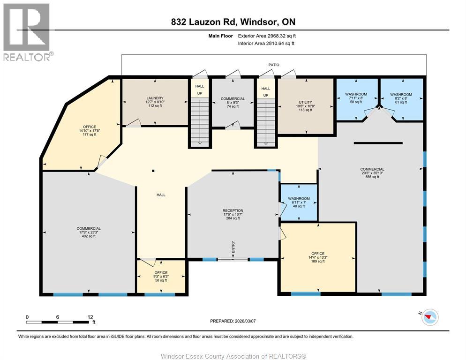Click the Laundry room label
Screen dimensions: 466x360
click(x=155, y=102)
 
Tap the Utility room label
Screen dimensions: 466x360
click(x=306, y=106)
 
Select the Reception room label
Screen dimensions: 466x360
click(x=233, y=214)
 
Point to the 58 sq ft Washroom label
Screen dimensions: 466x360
click(x=356, y=98)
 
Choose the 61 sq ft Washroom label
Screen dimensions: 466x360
click(x=401, y=98)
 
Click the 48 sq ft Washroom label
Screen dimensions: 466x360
click(x=299, y=202)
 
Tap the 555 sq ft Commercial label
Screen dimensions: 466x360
click(x=372, y=172)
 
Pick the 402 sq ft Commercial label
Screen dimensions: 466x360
click(x=89, y=232)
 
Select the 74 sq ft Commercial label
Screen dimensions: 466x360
click(x=233, y=102)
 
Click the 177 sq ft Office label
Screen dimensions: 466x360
click(x=90, y=130)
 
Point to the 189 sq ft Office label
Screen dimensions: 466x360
click(x=318, y=257)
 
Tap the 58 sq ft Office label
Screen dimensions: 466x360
click(x=161, y=276)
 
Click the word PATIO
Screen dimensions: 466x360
click(x=274, y=65)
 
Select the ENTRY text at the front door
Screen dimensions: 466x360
click(x=233, y=247)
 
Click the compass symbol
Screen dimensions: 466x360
click(x=429, y=317)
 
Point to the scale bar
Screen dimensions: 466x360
click(x=57, y=322)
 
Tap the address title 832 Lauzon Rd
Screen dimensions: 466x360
click(x=203, y=22)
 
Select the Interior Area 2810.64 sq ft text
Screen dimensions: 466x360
click(x=266, y=44)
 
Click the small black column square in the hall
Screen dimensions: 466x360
click(x=153, y=171)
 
